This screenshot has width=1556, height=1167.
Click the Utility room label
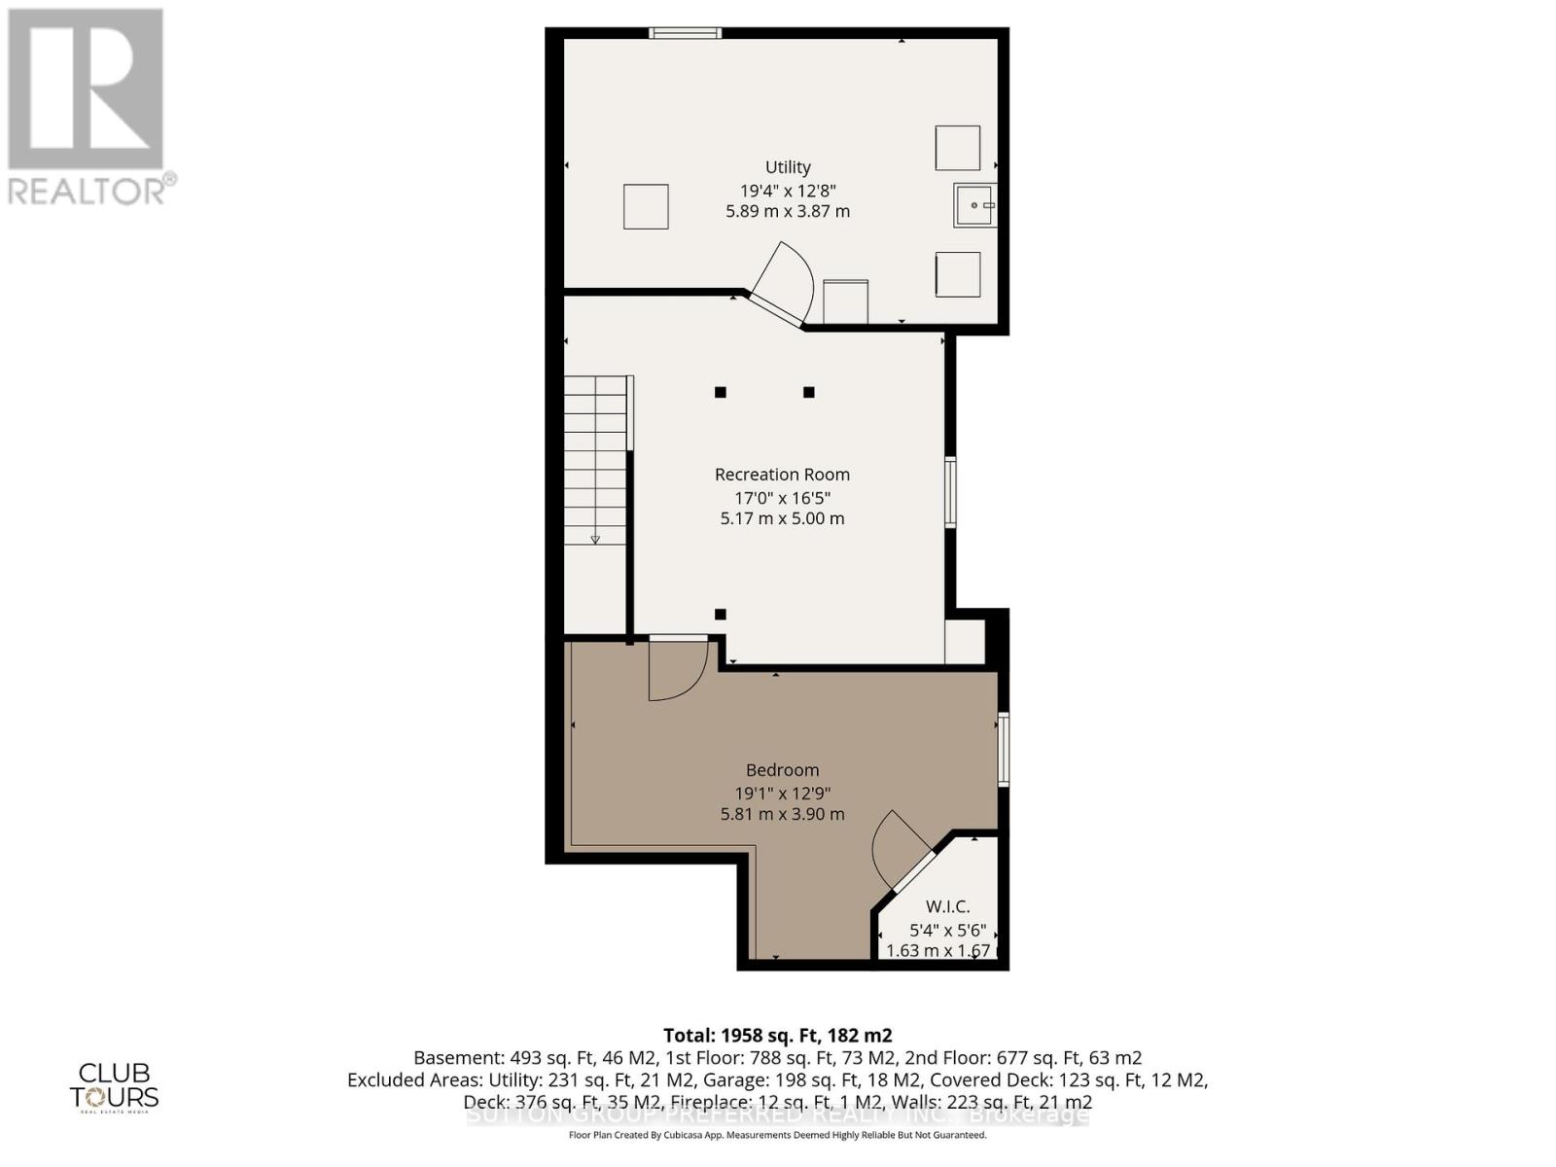pyautogui.click(x=787, y=167)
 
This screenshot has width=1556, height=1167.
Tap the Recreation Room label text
pyautogui.click(x=782, y=475)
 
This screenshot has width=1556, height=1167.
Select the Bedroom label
pyautogui.click(x=782, y=770)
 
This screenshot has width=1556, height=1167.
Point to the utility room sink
pyautogui.click(x=974, y=205)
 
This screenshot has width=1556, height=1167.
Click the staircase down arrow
pyautogui.click(x=595, y=539)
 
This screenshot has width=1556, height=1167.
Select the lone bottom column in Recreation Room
pyautogui.click(x=721, y=614)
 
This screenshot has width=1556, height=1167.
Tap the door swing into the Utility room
pyautogui.click(x=783, y=282)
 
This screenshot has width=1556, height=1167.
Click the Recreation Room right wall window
pyautogui.click(x=951, y=492)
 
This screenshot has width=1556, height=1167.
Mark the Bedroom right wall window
pyautogui.click(x=1004, y=749)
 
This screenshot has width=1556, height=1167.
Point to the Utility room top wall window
pyautogui.click(x=686, y=33)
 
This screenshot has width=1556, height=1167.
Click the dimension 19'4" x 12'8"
pyautogui.click(x=787, y=191)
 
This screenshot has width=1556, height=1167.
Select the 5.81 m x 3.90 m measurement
pyautogui.click(x=782, y=814)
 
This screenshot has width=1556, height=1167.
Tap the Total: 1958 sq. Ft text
pyautogui.click(x=777, y=1035)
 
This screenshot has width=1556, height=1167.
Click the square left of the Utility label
pyautogui.click(x=646, y=206)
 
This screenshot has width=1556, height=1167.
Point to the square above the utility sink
pyautogui.click(x=958, y=148)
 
